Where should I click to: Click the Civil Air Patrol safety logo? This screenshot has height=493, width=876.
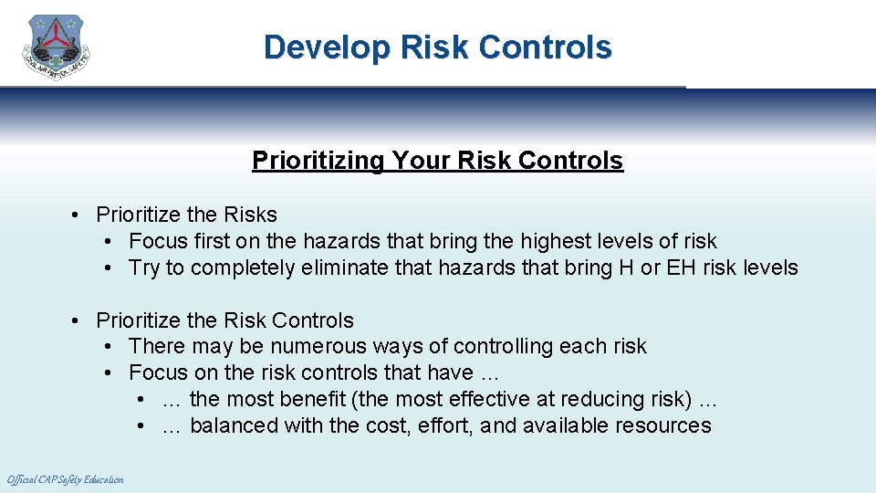[57, 47]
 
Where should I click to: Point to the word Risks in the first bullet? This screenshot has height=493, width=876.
[251, 215]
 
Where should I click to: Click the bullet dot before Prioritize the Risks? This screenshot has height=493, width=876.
[79, 215]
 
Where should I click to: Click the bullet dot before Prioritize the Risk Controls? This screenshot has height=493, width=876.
[79, 320]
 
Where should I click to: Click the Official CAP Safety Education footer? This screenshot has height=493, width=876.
[65, 479]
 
